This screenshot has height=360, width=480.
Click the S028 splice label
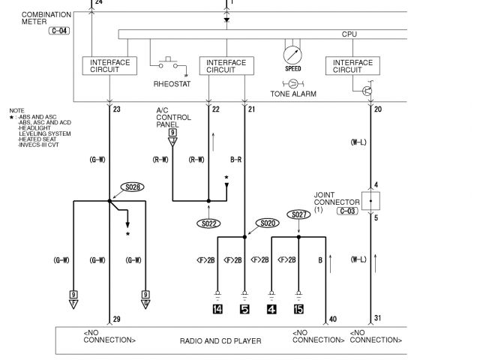pos(132,187)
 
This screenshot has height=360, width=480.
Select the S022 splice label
pos(209,223)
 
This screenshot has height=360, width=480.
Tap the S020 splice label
pos(266,223)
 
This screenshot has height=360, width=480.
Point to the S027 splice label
pos(298,214)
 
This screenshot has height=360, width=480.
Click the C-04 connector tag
pos(60,31)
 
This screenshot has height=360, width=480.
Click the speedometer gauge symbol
pos(292,55)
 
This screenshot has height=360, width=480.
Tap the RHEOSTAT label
pos(172,84)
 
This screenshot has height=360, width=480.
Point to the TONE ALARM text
pos(293,94)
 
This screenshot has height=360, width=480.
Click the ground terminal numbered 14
pos(217,308)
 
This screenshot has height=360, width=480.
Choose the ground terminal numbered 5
pos(244,308)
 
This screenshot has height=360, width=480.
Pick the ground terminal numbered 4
pos(271,308)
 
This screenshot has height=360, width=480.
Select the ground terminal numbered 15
pos(298,308)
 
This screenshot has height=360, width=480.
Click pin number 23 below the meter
pos(116,109)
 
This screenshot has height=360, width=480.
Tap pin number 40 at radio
pos(332,319)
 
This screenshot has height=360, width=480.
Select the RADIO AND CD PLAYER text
pos(220,341)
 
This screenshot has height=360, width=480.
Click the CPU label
pos(349,34)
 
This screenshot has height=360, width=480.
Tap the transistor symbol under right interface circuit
pos(367,90)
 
